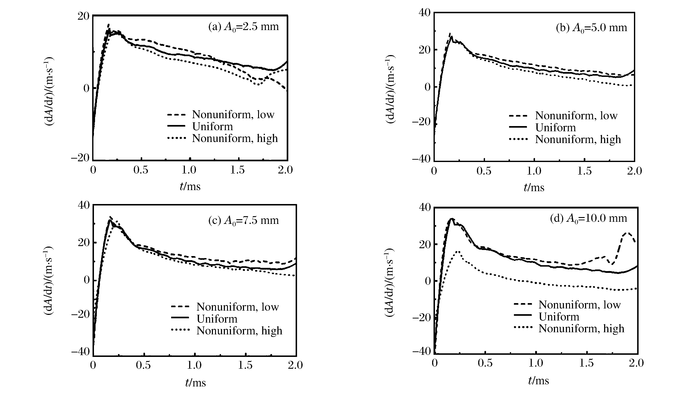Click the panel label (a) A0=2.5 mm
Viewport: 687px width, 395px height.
(243, 27)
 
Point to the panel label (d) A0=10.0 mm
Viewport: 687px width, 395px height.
(588, 218)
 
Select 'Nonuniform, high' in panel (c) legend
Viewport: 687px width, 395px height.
(239, 331)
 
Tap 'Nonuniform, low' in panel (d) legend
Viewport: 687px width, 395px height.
(579, 305)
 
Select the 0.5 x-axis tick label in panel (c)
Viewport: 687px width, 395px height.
(143, 365)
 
